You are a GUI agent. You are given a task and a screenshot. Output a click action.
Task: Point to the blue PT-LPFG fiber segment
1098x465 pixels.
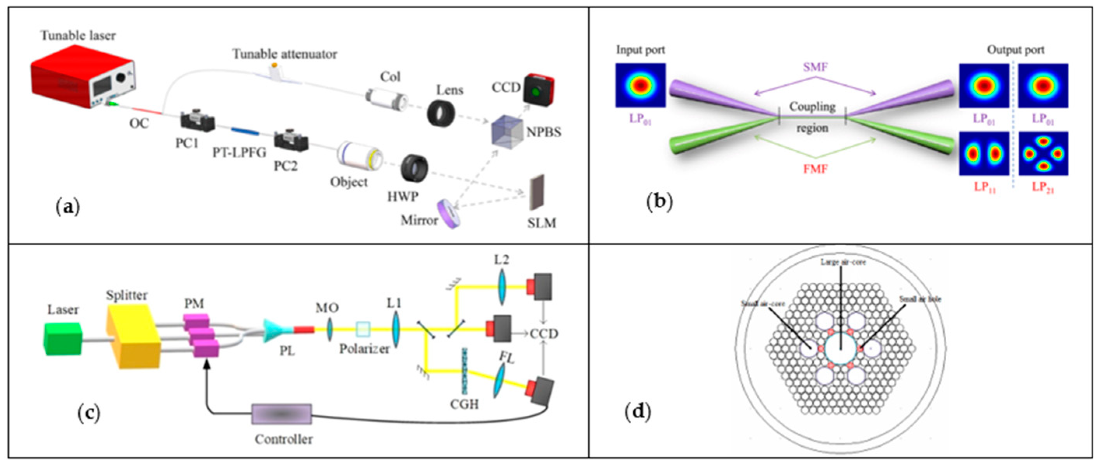[x=245, y=131]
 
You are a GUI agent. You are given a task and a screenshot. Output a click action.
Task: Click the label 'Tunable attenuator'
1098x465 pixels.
[x=285, y=54]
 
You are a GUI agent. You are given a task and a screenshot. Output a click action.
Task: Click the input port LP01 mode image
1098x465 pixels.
[x=640, y=85]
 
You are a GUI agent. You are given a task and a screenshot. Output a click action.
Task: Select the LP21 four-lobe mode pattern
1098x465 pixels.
[x=1043, y=153]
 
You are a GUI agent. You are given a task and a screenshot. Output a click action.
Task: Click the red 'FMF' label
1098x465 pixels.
[x=815, y=169]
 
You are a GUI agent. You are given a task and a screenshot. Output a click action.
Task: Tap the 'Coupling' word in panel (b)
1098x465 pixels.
[x=812, y=107]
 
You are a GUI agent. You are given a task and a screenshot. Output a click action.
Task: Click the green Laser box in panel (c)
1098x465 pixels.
[x=63, y=339]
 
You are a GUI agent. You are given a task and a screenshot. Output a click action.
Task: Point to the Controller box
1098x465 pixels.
[x=281, y=414]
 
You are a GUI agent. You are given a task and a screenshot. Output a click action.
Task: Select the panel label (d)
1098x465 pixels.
[x=638, y=412]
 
